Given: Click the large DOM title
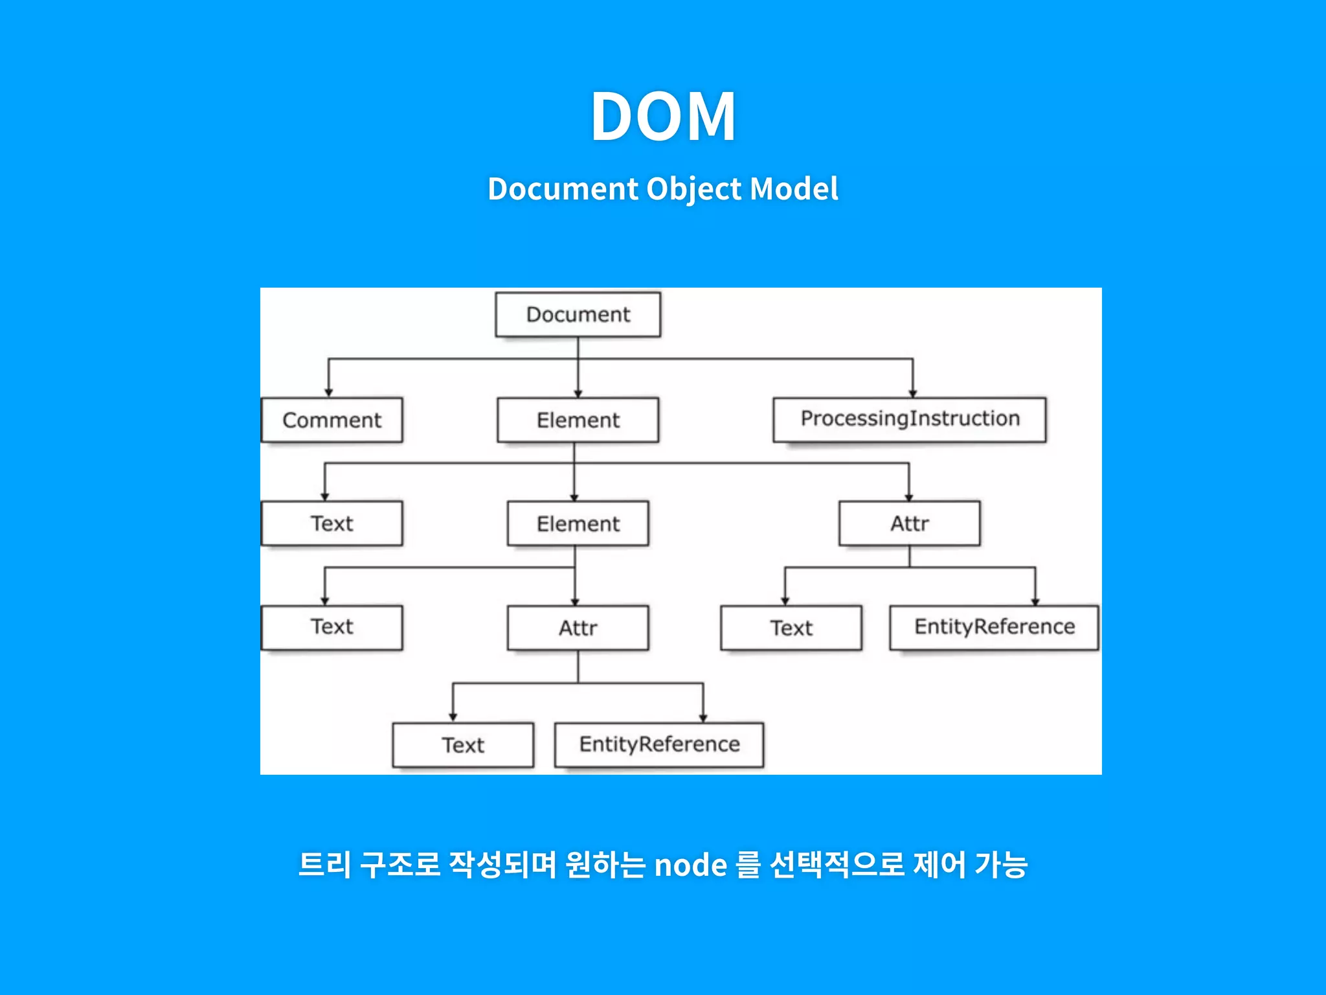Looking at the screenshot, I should coord(663,117).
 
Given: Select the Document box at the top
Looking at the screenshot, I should coord(578,315).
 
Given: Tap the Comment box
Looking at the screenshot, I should coord(331,420).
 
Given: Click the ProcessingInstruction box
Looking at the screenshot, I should coord(909,420).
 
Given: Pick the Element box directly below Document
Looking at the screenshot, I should coord(578,420).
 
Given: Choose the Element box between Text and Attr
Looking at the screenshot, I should coord(578,523).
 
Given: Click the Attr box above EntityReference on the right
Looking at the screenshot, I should coord(909,523).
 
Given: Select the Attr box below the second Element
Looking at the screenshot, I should coord(578,628).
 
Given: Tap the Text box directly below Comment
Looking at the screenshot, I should coord(331,523).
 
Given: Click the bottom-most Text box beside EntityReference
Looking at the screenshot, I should coord(463,745).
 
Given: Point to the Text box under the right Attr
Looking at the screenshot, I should coord(791,628).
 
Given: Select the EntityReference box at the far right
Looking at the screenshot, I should coord(994,627).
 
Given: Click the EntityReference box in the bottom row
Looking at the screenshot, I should coord(659,745).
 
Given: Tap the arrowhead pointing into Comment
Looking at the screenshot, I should coord(328,392).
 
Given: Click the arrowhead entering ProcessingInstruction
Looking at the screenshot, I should coord(912,393).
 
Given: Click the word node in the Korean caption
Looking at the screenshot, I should coord(690,865).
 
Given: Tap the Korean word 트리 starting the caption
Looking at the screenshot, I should coord(324,865).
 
